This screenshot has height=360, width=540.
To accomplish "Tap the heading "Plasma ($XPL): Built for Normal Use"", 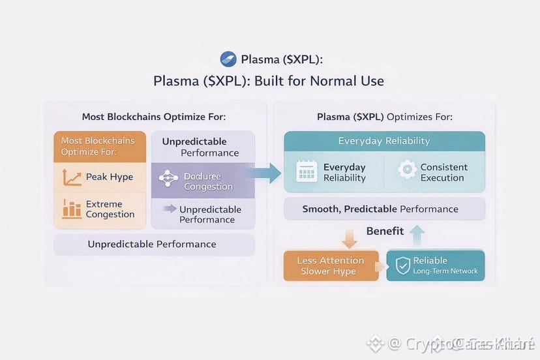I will [269, 82].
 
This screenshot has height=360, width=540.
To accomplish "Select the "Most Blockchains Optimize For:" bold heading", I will [154, 117].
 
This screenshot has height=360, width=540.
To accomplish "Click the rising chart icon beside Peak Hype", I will [71, 177].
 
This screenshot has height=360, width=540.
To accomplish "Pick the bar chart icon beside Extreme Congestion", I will [71, 209].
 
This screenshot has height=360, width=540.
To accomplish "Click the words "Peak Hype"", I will [109, 177].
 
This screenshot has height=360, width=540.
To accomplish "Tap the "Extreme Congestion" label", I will [110, 209].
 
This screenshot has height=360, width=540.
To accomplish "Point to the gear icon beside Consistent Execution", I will [407, 170].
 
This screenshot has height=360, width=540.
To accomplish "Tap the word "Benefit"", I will [385, 231].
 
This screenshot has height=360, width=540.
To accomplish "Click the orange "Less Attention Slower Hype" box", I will [331, 265].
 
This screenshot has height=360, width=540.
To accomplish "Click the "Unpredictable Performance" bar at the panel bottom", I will [152, 245].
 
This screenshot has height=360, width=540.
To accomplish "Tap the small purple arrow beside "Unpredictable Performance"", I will [170, 209].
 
